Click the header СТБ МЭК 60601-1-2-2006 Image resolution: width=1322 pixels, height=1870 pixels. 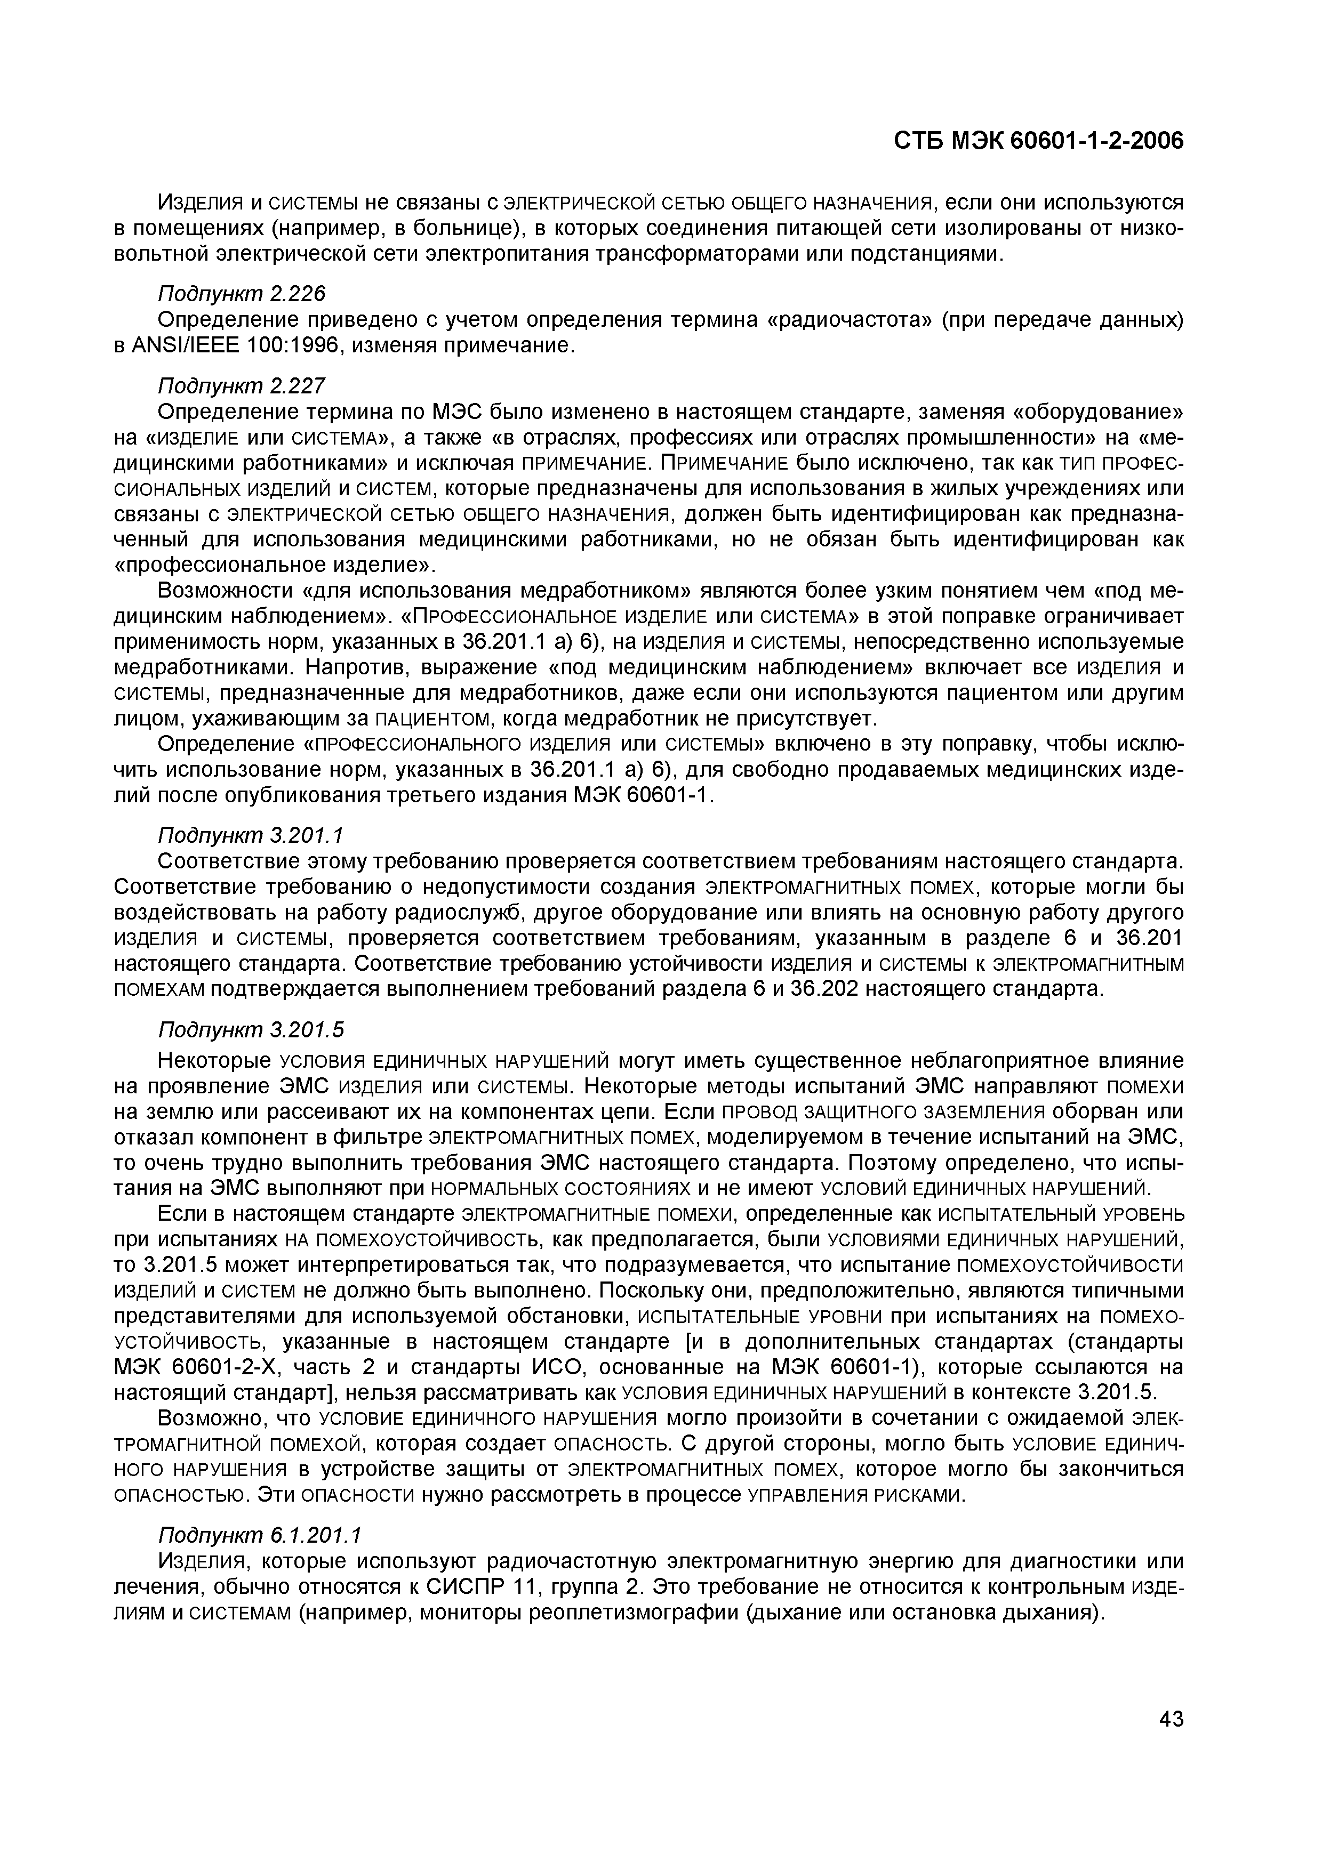(1038, 141)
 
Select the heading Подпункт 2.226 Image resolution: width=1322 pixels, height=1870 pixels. (235, 293)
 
